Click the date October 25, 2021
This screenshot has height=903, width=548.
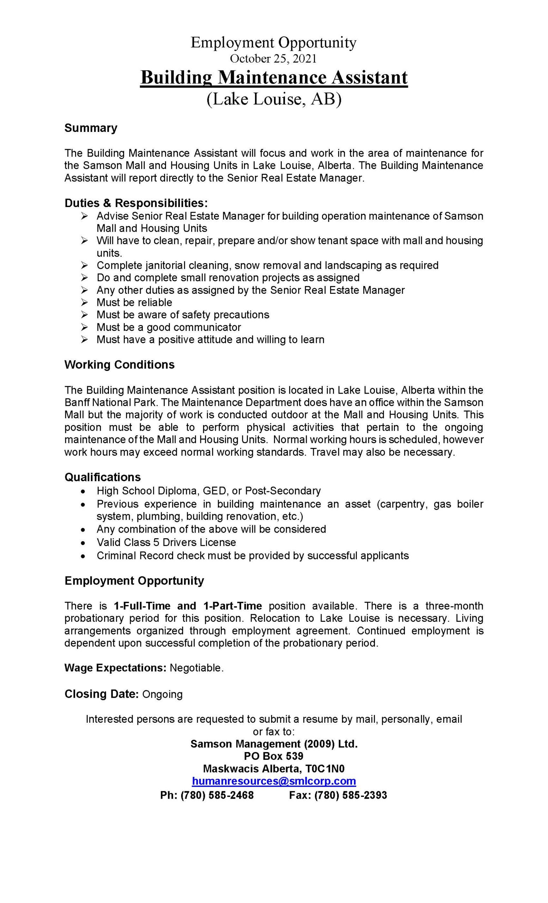tap(273, 59)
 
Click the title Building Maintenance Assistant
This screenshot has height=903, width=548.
tap(274, 78)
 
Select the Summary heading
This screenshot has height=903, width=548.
tap(91, 128)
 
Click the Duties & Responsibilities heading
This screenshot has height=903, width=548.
tap(136, 203)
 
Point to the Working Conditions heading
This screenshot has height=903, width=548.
tap(120, 365)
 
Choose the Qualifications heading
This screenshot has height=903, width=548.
tap(103, 477)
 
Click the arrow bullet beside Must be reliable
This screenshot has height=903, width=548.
tap(84, 303)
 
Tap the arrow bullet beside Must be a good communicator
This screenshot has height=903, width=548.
tap(84, 327)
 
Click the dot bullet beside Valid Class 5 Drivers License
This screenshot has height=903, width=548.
tap(84, 543)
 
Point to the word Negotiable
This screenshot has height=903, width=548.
tap(196, 668)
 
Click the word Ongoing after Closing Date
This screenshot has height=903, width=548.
tap(162, 694)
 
